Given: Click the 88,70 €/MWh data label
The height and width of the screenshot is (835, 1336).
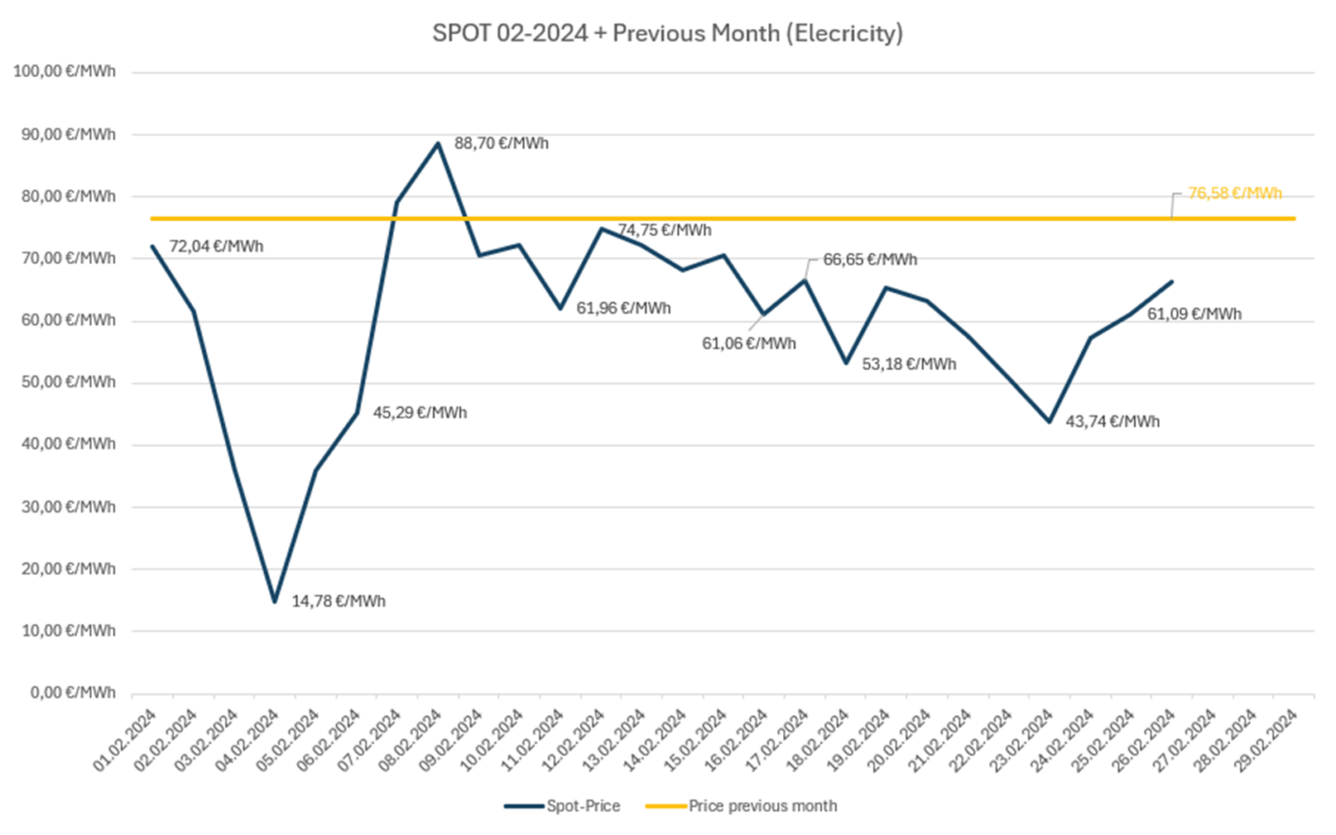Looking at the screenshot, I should point(501,144).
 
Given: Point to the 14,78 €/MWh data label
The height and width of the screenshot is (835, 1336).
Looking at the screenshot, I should point(338,601).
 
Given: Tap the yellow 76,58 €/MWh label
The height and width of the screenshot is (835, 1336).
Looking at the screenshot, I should point(1234,193).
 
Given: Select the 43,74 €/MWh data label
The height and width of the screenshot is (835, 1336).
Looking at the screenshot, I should point(1112,422).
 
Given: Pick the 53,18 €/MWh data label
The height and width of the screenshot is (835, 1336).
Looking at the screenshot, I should point(909,364).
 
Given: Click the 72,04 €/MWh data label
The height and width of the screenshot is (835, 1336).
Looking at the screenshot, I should point(216,247).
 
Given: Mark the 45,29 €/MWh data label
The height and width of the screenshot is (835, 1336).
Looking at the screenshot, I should point(420,413).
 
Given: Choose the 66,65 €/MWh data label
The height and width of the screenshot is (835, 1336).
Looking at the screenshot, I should point(870,259).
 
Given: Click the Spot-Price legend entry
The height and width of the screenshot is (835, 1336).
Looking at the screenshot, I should point(563,806).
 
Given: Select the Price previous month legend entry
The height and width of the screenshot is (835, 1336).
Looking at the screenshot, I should point(741,806).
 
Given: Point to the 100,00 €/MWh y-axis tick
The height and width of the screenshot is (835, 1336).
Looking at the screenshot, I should point(64,71).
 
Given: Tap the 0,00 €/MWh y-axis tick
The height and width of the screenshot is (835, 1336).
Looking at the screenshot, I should point(73,693).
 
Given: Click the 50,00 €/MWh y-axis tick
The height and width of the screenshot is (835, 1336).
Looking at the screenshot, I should point(68,382).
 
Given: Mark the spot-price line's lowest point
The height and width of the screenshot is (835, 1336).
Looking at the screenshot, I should point(275,601).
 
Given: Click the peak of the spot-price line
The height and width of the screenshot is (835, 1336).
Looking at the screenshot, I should point(438,144).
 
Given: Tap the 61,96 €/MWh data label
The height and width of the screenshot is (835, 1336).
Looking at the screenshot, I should point(624,308).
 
